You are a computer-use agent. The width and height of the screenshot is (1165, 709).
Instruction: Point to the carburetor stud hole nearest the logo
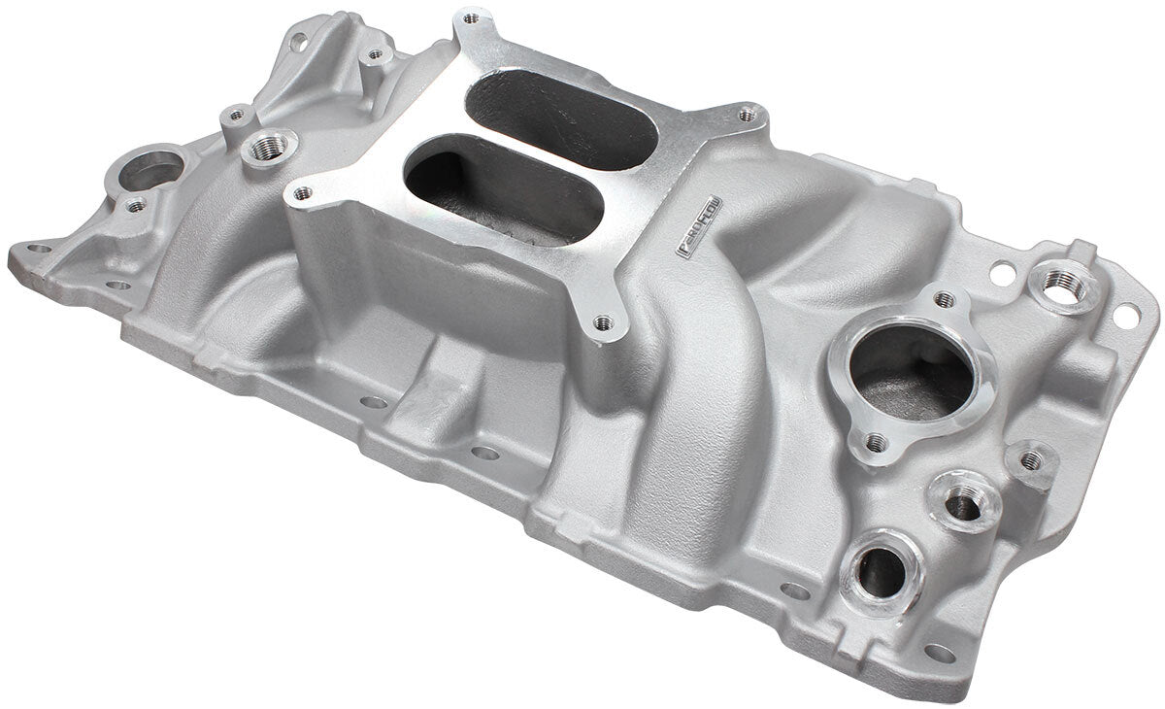746,115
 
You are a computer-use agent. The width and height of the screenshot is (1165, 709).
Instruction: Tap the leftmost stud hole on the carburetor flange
303,192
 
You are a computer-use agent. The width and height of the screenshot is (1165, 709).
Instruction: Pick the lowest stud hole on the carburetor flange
603,321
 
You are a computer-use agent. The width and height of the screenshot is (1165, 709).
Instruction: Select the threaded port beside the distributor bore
268,149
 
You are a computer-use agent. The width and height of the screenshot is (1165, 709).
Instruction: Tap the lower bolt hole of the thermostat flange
876,443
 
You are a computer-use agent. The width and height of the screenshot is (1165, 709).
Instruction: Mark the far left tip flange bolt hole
39,249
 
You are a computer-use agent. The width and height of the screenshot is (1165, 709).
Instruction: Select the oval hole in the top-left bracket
299,41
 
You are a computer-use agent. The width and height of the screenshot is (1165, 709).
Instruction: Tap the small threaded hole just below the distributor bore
137,205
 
